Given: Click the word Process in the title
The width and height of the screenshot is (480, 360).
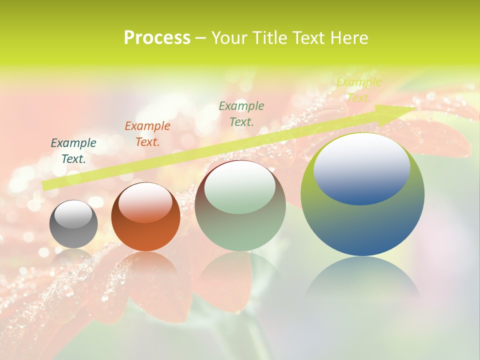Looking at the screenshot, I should pyautogui.click(x=157, y=38).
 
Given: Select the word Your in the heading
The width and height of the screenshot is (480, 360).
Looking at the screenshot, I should pyautogui.click(x=228, y=38).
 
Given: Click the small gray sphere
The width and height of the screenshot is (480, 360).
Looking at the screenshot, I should pyautogui.click(x=73, y=225).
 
